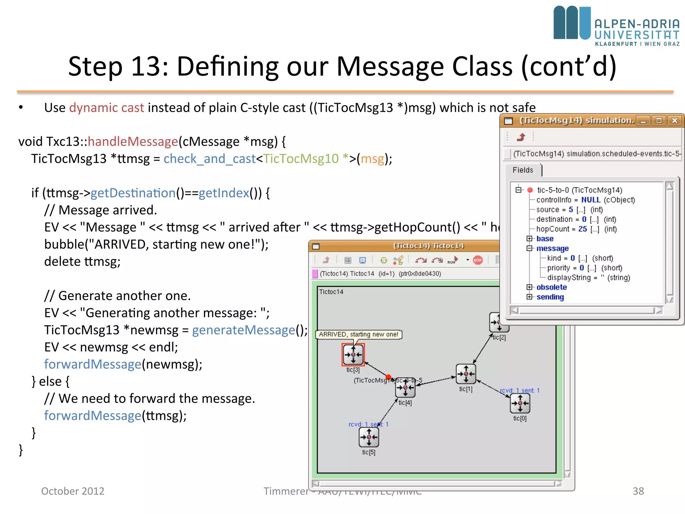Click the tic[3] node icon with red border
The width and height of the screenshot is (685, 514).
pos(353,355)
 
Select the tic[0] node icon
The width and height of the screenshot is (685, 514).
pos(520,404)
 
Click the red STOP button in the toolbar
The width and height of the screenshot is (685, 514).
pos(478,260)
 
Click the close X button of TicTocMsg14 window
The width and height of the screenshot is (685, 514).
pos(675,121)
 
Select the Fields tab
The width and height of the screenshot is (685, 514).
pos(523,170)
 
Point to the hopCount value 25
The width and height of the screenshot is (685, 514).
pos(583,229)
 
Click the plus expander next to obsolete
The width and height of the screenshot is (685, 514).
pos(529,287)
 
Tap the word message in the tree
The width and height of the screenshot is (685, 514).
pos(552,248)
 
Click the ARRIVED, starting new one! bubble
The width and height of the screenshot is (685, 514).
pos(358,334)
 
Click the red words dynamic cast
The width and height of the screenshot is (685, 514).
pos(106,108)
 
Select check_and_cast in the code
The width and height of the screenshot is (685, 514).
pos(209,159)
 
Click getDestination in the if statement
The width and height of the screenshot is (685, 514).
pos(133,193)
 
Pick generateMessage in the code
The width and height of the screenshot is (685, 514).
pos(243,330)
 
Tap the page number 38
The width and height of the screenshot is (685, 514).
pos(638,491)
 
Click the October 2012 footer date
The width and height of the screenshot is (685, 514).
pos(73,491)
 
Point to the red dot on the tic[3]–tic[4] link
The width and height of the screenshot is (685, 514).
pos(388,377)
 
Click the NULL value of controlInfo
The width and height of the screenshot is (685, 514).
pos(591,200)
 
